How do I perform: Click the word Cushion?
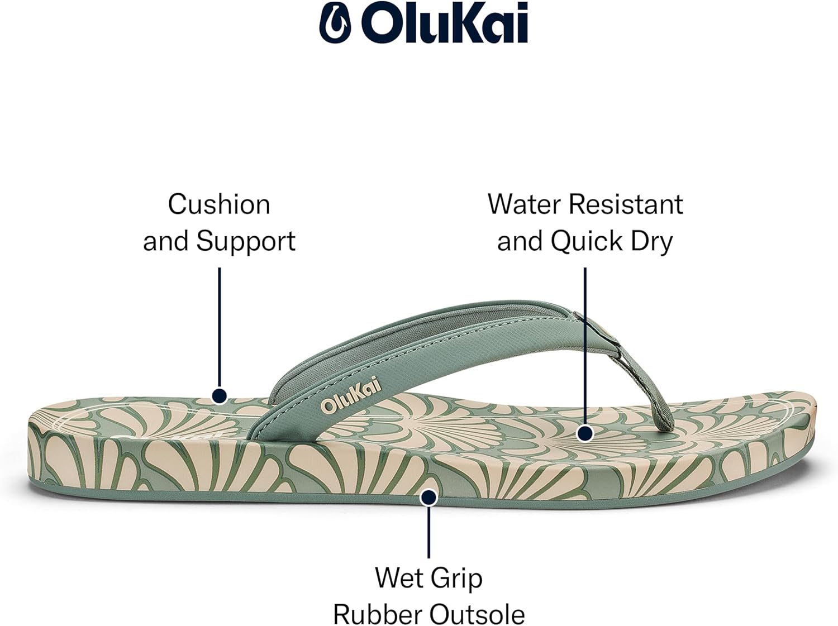coord(219,204)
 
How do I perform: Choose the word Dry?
coord(651,242)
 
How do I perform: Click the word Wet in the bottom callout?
coord(398,577)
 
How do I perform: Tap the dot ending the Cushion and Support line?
coord(220,396)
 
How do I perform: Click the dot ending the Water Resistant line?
coord(585,433)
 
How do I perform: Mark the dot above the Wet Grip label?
coord(428,497)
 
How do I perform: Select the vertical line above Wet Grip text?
coord(428,531)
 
